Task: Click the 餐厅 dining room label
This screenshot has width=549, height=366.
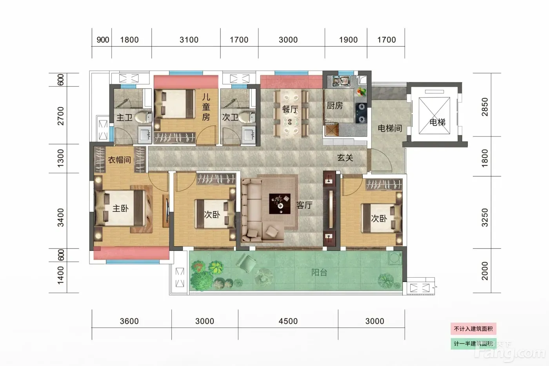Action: (x=290, y=109)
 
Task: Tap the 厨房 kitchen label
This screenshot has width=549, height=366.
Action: (x=334, y=106)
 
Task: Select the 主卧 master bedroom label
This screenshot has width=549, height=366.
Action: (x=120, y=208)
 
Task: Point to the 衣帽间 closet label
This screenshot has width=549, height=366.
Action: (x=119, y=160)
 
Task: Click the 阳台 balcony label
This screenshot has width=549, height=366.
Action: (x=319, y=272)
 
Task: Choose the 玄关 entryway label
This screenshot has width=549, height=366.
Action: (x=345, y=158)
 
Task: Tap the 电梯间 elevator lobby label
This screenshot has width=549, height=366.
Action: (x=390, y=128)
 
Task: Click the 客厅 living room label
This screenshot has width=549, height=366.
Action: (x=304, y=205)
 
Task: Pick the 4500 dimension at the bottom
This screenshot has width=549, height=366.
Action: (x=288, y=321)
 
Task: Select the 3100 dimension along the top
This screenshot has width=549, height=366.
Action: (x=189, y=40)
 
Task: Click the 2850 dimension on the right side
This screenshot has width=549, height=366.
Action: (x=485, y=107)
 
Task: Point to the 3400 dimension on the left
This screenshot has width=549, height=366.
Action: (x=60, y=217)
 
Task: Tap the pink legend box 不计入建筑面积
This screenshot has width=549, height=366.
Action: (x=473, y=329)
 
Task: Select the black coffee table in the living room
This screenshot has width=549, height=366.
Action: (x=280, y=204)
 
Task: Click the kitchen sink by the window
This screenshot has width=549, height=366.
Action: (x=341, y=81)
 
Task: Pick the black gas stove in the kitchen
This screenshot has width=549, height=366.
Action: (x=361, y=113)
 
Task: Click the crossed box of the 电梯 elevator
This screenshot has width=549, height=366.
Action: (x=434, y=116)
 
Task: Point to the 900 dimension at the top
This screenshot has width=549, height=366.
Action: (x=103, y=40)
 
